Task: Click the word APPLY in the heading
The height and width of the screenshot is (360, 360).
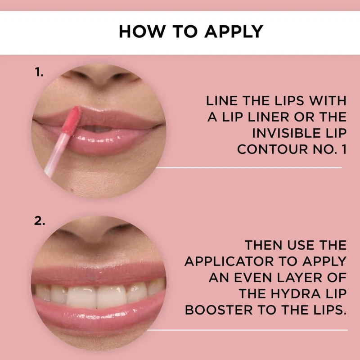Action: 234,31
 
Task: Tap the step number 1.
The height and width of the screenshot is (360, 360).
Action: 39,72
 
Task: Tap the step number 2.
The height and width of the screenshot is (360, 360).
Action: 40,221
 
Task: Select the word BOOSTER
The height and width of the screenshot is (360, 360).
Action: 219,310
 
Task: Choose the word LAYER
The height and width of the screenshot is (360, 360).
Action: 300,278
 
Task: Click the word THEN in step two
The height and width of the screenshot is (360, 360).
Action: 264,245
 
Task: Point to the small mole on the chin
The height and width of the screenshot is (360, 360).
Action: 72,190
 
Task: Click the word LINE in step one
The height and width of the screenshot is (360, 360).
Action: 221,101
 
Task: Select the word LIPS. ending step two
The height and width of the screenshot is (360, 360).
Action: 328,310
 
